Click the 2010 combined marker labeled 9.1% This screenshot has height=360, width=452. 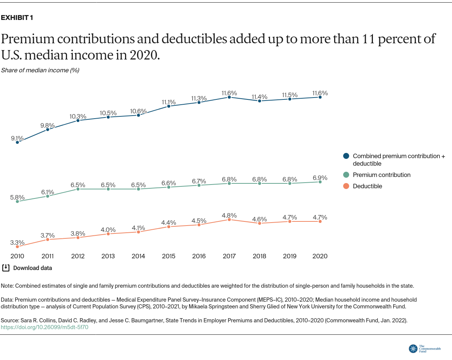[x=17, y=142]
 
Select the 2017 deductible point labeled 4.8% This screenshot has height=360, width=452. [x=229, y=220]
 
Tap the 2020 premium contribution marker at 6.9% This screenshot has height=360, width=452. [x=320, y=182]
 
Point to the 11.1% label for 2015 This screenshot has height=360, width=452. [x=169, y=102]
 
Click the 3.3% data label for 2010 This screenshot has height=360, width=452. [x=17, y=243]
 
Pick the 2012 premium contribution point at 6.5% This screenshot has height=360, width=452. [x=78, y=189]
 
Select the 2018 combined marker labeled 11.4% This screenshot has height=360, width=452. [x=260, y=101]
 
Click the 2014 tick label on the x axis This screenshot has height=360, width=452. [x=138, y=256]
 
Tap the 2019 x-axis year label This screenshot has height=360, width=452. [x=290, y=256]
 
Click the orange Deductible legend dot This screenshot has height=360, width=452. [x=346, y=186]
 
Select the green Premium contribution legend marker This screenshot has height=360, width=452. [x=346, y=175]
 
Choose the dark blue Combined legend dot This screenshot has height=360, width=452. [x=346, y=156]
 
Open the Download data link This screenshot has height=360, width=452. [x=32, y=268]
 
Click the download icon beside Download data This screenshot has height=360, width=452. [x=6, y=268]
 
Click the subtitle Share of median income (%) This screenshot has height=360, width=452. [x=40, y=70]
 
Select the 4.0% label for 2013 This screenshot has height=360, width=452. [x=108, y=230]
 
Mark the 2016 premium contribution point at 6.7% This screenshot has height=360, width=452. [x=199, y=185]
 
